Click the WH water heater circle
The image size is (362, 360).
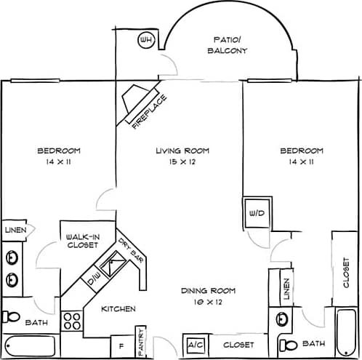(x=147, y=39)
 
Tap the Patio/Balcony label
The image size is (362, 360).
(x=228, y=45)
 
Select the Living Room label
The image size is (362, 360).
(x=182, y=151)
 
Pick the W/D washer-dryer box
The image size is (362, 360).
(x=256, y=214)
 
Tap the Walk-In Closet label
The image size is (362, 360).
(x=81, y=241)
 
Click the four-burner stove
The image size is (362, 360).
(x=71, y=321)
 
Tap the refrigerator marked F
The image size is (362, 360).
(x=121, y=344)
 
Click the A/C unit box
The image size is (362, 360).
(x=195, y=345)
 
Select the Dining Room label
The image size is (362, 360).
(x=208, y=291)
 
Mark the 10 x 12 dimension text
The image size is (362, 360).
(x=208, y=301)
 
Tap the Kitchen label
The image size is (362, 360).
(x=118, y=309)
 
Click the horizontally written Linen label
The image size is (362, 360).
(x=15, y=231)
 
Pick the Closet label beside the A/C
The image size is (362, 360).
(x=238, y=345)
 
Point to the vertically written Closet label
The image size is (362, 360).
(x=347, y=271)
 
